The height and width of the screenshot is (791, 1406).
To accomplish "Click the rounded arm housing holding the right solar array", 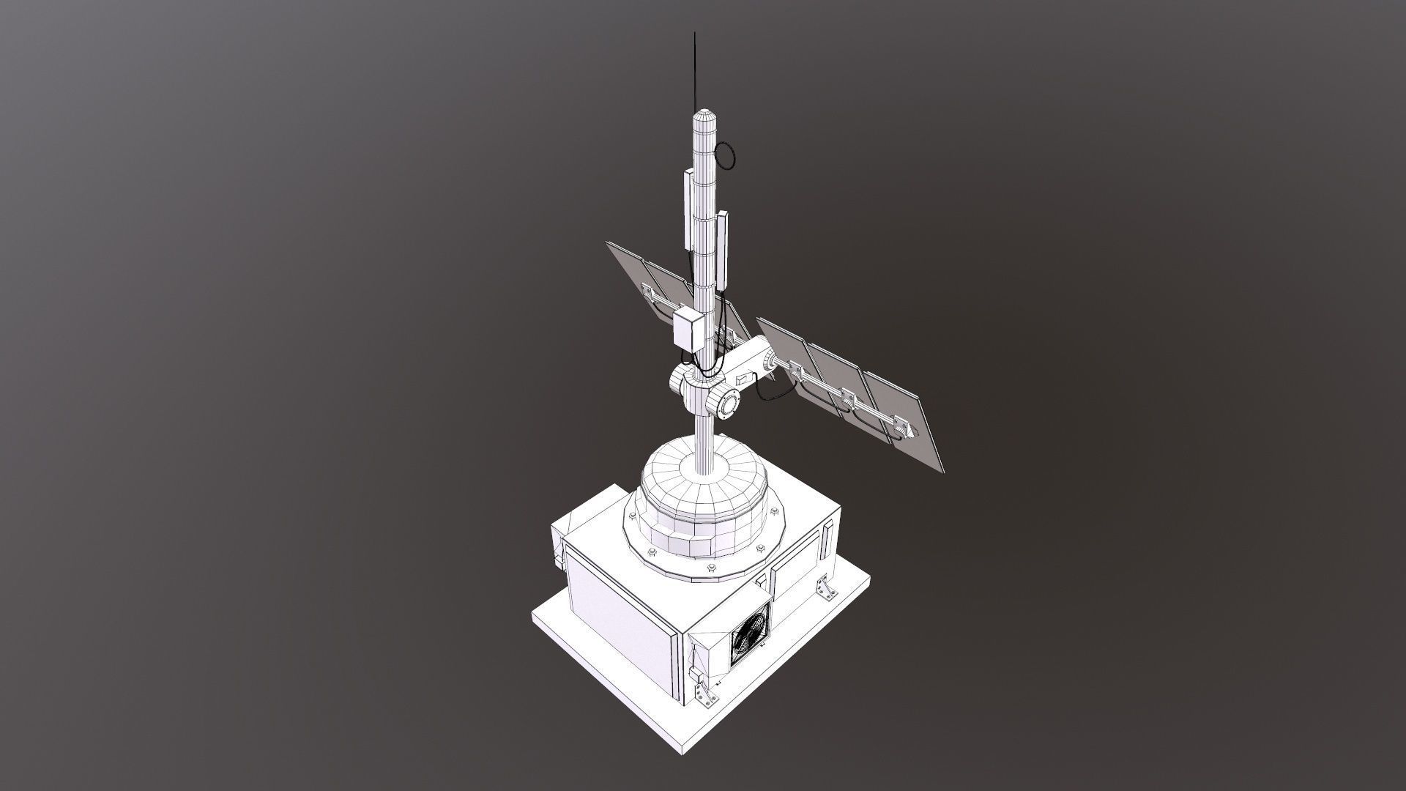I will [x=747, y=364].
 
